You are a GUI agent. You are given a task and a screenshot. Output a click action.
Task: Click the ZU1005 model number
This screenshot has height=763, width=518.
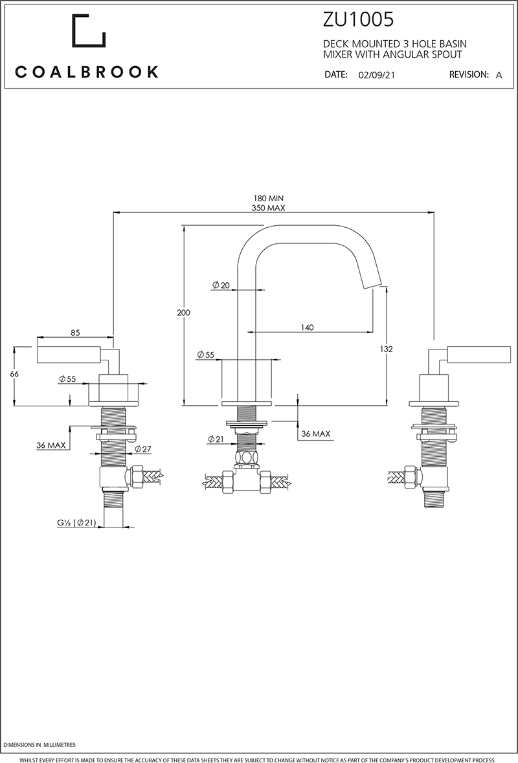coord(358,20)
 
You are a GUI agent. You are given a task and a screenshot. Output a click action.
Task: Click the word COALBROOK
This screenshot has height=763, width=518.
coord(87,72)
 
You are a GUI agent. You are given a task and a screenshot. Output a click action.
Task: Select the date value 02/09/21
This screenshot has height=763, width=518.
coord(376,75)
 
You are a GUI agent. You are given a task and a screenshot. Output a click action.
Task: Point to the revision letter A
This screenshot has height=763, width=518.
coord(499,75)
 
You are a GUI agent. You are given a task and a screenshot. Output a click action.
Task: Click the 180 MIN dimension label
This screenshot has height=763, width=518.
coord(268,198)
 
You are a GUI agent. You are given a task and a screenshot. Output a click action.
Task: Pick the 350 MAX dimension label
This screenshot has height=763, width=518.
coord(268,208)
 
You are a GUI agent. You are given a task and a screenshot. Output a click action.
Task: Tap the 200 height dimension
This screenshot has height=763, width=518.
coord(183,313)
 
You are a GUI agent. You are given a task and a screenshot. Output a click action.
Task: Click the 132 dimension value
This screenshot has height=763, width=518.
coord(387,349)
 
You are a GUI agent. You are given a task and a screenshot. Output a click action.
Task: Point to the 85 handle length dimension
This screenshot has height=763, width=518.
coord(75,333)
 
